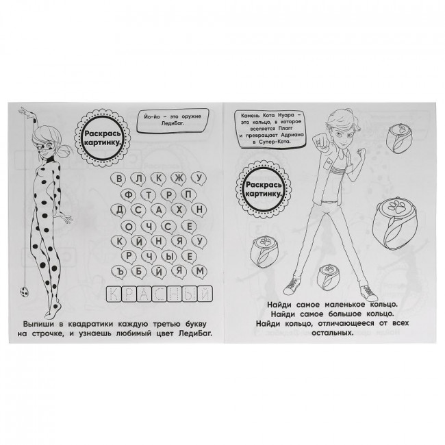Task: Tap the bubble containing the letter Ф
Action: click(x=129, y=195)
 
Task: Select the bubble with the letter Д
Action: click(x=119, y=210)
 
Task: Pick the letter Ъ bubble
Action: click(x=119, y=272)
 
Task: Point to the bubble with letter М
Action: click(x=199, y=271)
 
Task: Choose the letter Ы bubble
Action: click(x=169, y=257)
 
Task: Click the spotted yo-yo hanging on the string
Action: click(x=24, y=292)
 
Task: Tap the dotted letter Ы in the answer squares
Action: click(x=190, y=294)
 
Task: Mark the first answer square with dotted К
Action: click(x=114, y=294)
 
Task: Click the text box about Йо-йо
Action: click(x=173, y=120)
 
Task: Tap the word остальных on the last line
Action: click(x=333, y=332)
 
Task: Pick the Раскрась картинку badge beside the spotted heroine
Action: click(x=102, y=138)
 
